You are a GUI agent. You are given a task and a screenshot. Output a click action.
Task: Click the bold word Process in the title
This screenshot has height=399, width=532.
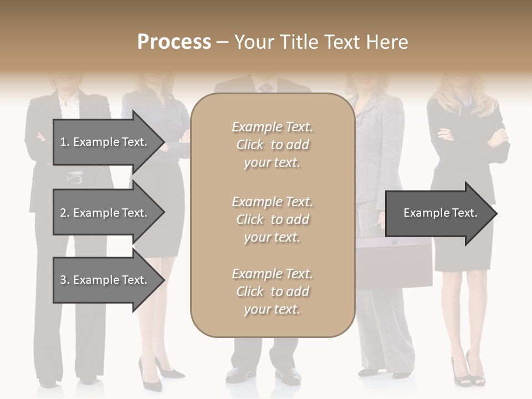[x=174, y=42]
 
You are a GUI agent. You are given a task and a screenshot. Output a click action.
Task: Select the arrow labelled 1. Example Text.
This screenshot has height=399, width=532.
[x=105, y=142]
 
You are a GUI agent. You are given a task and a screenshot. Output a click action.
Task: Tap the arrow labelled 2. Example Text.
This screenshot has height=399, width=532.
[x=105, y=213]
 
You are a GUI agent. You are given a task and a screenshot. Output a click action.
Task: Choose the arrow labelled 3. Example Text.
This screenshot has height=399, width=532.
[x=105, y=280]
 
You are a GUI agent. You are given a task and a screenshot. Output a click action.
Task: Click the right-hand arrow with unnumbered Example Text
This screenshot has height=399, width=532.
[x=438, y=213]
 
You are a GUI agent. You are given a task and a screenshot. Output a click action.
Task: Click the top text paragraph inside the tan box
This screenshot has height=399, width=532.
[x=273, y=145]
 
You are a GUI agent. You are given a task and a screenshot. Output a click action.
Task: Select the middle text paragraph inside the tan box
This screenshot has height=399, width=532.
[x=273, y=219]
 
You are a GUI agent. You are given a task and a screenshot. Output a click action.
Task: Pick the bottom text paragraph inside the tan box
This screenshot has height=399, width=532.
[x=273, y=291]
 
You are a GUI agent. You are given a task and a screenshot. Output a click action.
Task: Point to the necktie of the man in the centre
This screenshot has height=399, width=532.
[x=266, y=88]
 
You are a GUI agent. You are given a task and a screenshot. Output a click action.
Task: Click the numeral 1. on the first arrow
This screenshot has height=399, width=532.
[x=64, y=142]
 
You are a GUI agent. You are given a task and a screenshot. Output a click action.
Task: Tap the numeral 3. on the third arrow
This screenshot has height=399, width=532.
[x=64, y=280]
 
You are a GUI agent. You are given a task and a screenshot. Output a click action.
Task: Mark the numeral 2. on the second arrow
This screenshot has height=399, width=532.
[x=64, y=213]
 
